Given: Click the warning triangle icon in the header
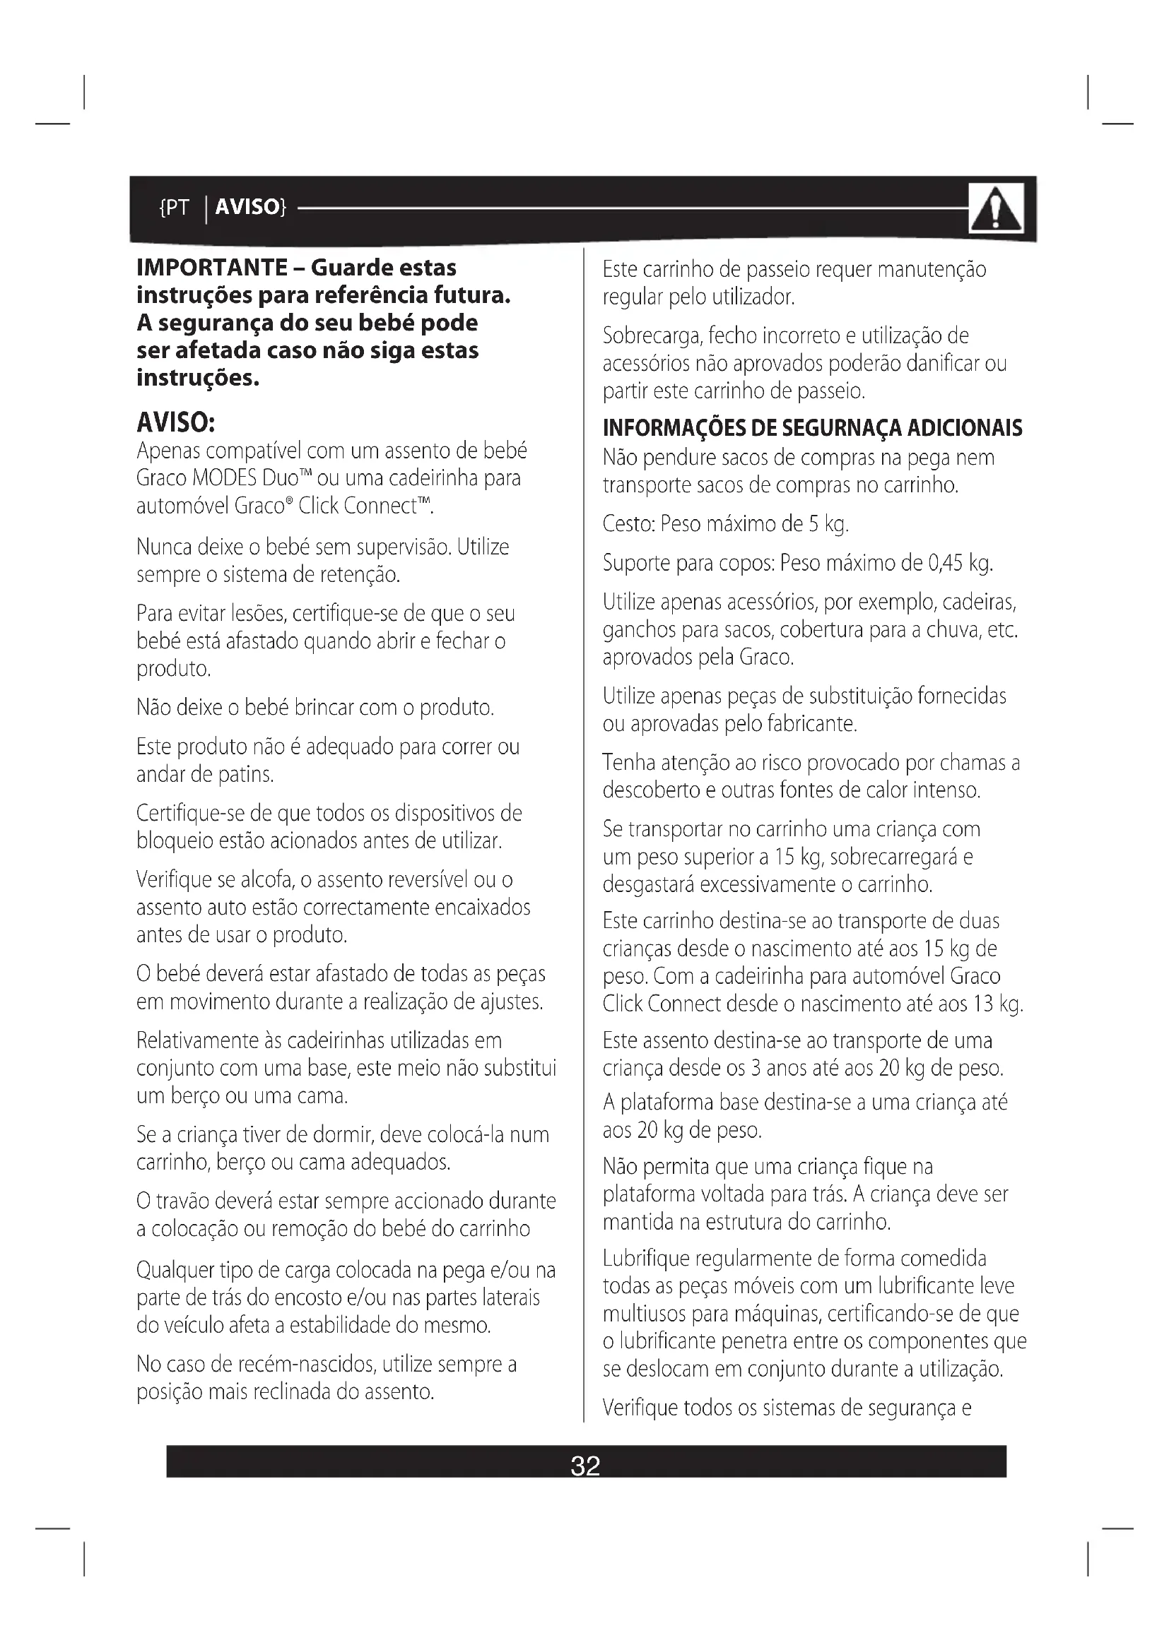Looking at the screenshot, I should [x=996, y=208].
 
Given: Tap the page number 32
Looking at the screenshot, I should [x=584, y=1466].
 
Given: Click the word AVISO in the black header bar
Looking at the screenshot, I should [x=247, y=207].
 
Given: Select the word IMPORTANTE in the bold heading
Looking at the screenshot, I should [x=212, y=268].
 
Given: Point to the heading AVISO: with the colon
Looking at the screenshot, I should [x=176, y=422].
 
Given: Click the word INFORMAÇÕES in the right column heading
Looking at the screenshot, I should [x=674, y=428].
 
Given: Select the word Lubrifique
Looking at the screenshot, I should [x=647, y=1259].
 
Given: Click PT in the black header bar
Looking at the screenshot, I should [x=177, y=208].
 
